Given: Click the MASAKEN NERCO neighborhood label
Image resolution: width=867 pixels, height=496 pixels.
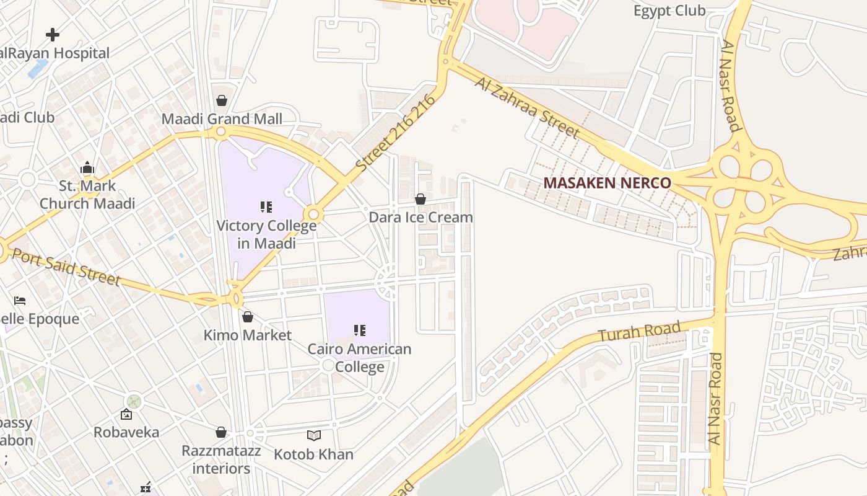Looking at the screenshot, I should point(607,183).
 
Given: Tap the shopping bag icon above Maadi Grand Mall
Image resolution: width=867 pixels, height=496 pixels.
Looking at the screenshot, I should point(222,100).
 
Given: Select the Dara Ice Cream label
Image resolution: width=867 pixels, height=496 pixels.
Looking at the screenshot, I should point(420,217).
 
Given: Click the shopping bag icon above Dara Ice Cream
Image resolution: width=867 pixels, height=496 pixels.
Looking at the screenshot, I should point(420,199).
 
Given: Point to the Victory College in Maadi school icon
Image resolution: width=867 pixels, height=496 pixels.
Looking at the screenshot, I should point(266,207).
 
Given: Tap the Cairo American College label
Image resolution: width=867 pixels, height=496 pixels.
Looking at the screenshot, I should point(359,358).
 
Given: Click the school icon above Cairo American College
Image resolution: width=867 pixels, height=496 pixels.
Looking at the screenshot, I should point(360,330).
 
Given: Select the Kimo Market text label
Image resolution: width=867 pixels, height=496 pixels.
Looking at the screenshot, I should point(248,335).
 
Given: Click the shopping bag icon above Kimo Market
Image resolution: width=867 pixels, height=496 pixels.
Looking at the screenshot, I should point(248,317).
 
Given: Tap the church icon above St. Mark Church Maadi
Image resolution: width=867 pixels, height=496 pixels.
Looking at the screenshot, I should point(87,167).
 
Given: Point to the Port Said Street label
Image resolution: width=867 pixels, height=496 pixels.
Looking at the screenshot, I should point(66,267).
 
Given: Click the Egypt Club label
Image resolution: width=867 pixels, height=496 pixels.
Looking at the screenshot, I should point(669,11).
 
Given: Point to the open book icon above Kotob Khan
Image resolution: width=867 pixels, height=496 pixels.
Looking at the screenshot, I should point(314,436).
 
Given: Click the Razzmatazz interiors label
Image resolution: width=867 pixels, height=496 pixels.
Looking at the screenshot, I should point(221,459).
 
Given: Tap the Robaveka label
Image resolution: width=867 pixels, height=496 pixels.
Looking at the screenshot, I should point(126,432).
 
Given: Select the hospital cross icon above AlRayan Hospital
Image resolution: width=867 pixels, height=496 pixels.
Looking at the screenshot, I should point(53,35).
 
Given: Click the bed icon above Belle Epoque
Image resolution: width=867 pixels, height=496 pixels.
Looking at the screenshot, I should point(20,301).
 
